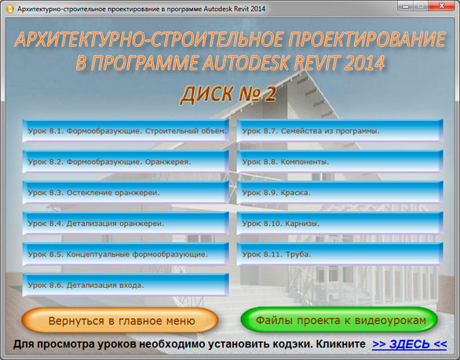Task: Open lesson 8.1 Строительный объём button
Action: (x=126, y=131)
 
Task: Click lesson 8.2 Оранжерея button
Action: (x=126, y=162)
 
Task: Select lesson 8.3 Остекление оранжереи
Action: (x=126, y=192)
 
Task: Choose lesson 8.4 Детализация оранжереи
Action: (x=126, y=223)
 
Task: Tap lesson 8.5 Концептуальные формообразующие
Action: (x=126, y=254)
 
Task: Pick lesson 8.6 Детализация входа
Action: (x=126, y=285)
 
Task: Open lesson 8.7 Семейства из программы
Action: (x=340, y=131)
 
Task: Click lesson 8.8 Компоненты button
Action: (x=340, y=162)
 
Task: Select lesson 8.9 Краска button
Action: (x=340, y=192)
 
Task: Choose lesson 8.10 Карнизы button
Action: (x=340, y=223)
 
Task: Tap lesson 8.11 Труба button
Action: (x=340, y=254)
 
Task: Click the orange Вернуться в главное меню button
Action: (x=119, y=320)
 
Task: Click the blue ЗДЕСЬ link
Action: (x=409, y=344)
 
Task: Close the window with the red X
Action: (x=442, y=5)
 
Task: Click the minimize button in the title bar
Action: (x=406, y=5)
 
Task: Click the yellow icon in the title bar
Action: (x=9, y=9)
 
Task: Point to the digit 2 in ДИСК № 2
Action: (x=270, y=94)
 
